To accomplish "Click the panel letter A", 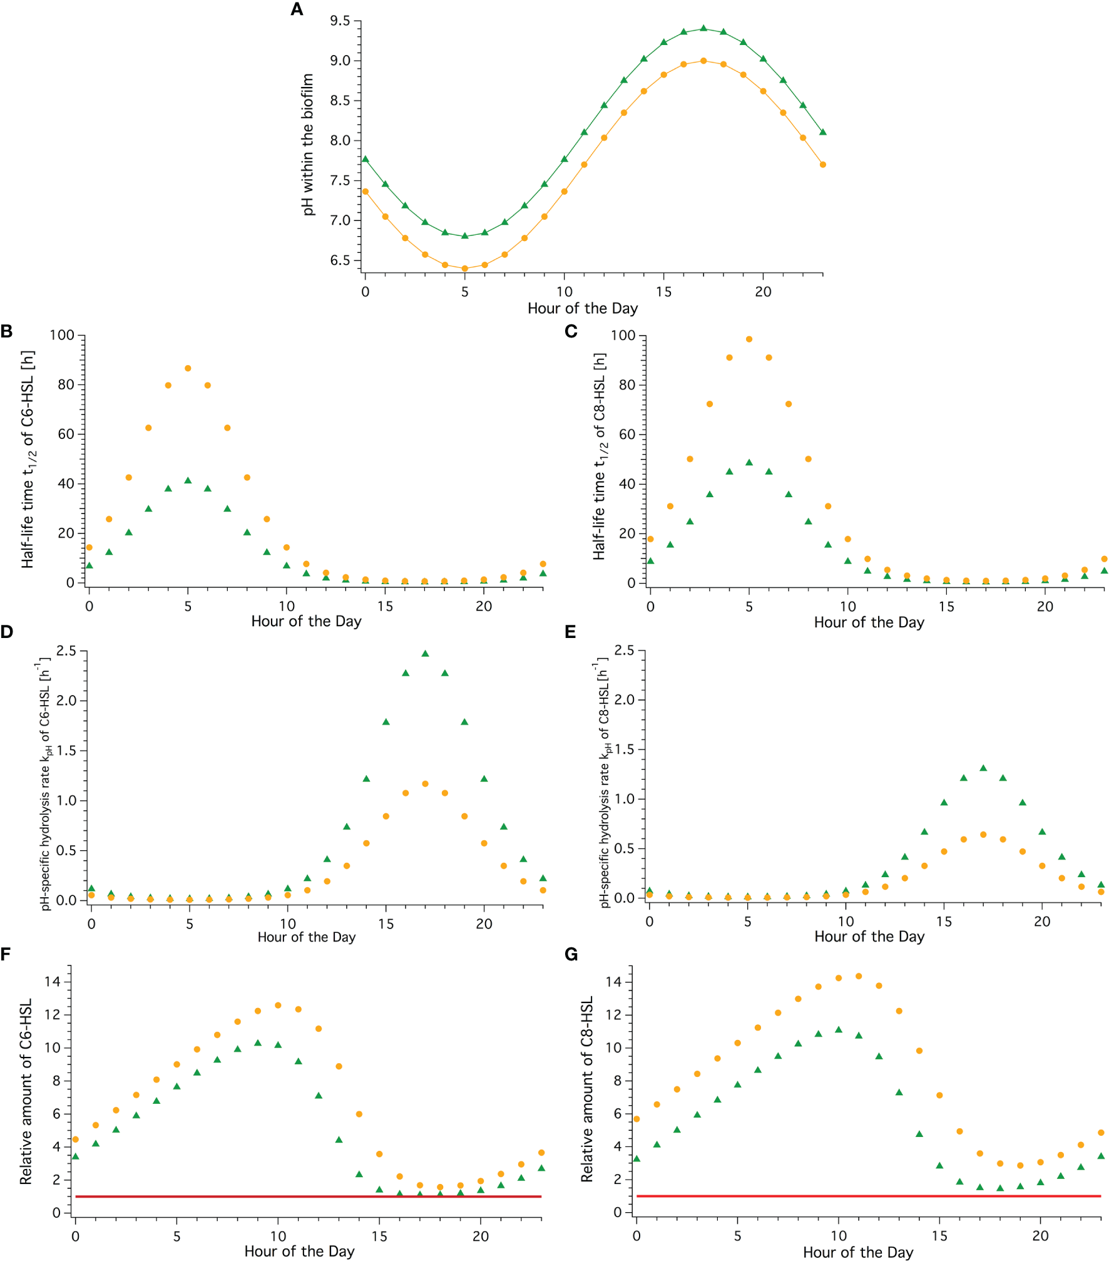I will tap(297, 9).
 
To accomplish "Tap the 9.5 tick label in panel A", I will tap(340, 21).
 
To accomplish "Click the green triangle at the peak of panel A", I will tap(703, 28).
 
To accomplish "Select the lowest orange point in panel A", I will tap(464, 269).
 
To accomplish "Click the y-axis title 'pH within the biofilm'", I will tap(307, 145).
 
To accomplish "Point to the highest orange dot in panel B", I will tap(188, 368).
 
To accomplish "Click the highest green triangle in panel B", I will tap(188, 480).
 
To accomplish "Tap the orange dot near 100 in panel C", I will tap(749, 339).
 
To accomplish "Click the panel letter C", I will tap(571, 331).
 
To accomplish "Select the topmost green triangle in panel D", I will tap(425, 654).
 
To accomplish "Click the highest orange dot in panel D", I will tap(425, 784).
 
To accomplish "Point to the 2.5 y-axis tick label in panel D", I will tap(66, 651).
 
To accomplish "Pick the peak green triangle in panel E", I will tap(983, 768).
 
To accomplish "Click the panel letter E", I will tap(570, 632).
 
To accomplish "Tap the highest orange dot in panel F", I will tap(278, 1006).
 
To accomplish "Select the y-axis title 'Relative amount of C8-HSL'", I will tap(586, 1089).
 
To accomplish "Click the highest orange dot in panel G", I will tap(859, 976).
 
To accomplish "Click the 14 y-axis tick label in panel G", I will tap(613, 982).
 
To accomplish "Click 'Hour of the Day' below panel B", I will tap(306, 621).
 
